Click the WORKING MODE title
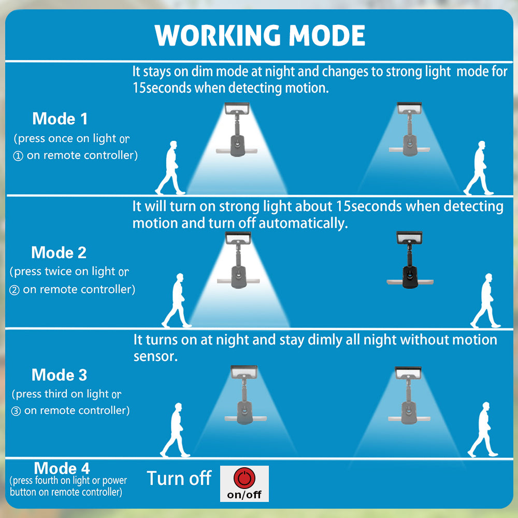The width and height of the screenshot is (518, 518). [x=260, y=35]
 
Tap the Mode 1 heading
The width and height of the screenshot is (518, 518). [x=60, y=119]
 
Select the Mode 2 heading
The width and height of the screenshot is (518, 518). [x=59, y=252]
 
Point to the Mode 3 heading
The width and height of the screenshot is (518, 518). [x=60, y=375]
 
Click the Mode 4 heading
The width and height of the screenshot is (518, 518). [x=62, y=469]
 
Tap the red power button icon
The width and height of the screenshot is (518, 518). [x=244, y=477]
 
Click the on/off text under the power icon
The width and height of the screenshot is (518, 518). [x=244, y=494]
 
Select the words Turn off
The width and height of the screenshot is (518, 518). [x=179, y=478]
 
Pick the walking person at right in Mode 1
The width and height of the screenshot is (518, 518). [x=479, y=168]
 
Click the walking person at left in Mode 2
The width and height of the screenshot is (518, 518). [x=177, y=300]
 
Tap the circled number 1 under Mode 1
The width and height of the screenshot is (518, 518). [x=18, y=156]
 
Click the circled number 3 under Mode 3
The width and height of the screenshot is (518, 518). [x=16, y=411]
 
